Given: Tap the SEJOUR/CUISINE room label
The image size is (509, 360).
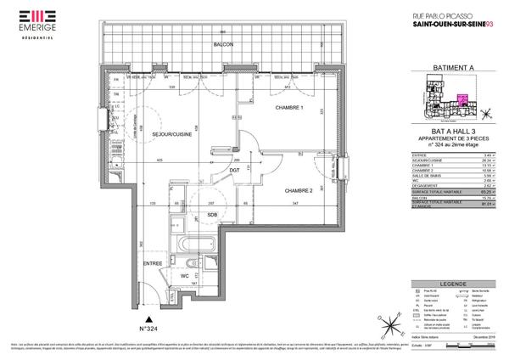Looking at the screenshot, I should (x=173, y=134).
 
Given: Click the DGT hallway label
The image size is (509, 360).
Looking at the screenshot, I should (x=235, y=171).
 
